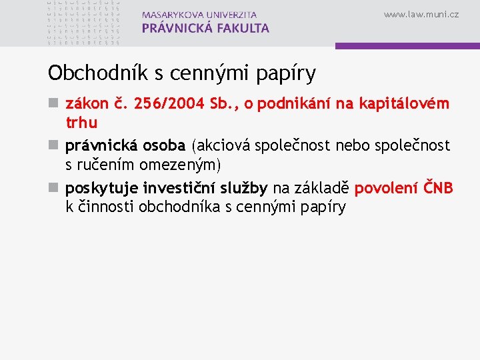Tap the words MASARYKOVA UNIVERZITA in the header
tap(199, 15)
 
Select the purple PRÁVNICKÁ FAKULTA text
tap(205, 28)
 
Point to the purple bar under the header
tap(407, 46)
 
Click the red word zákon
tap(84, 104)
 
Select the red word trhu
tap(81, 123)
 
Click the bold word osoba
tap(163, 145)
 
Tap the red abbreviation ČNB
tap(439, 189)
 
